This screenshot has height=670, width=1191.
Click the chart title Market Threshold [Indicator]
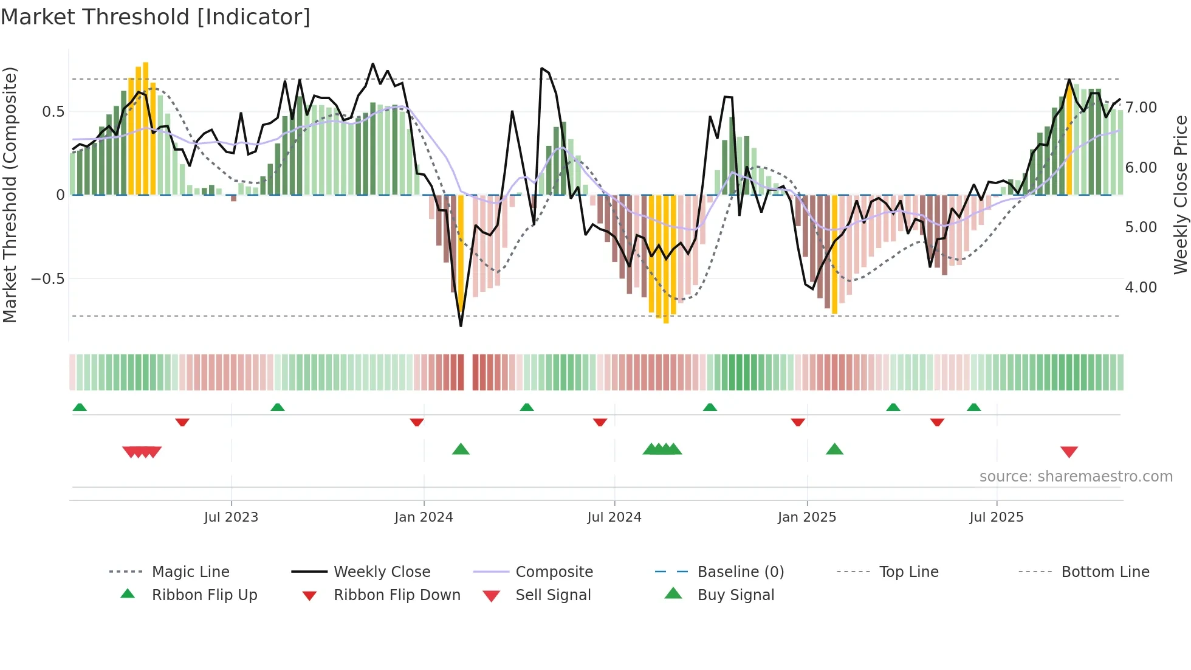click(156, 17)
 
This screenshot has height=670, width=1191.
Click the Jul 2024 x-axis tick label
click(614, 517)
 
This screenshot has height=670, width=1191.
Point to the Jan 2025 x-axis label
click(806, 517)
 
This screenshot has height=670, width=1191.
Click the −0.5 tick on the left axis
click(47, 279)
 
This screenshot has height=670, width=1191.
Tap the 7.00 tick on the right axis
click(1141, 108)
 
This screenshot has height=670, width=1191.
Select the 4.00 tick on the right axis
click(1141, 288)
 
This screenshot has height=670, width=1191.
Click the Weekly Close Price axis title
click(1180, 195)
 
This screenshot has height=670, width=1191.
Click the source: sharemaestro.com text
click(1076, 477)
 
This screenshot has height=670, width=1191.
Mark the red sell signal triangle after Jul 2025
click(1069, 452)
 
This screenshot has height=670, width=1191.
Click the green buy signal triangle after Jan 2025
click(834, 449)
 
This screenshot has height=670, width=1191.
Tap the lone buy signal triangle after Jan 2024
click(461, 449)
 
